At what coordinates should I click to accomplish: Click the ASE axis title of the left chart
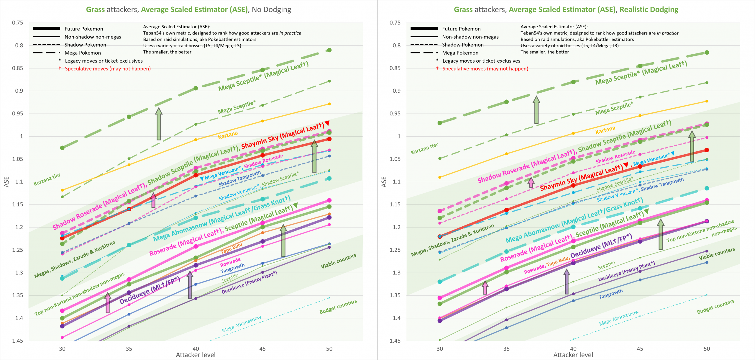pyautogui.click(x=6, y=182)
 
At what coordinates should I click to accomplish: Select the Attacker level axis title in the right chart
pyautogui.click(x=573, y=355)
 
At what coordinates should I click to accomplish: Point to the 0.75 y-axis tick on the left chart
pyautogui.click(x=17, y=23)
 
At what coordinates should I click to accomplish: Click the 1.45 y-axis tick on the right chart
pyautogui.click(x=395, y=341)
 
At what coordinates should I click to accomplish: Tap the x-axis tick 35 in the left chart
pyautogui.click(x=129, y=348)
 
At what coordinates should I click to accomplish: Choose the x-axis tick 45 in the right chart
pyautogui.click(x=640, y=348)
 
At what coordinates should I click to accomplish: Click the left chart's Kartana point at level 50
pyautogui.click(x=329, y=104)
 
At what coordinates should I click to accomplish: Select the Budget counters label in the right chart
pyautogui.click(x=715, y=307)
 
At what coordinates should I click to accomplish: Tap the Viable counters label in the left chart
pyautogui.click(x=338, y=261)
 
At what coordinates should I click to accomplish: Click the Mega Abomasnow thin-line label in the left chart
pyautogui.click(x=241, y=324)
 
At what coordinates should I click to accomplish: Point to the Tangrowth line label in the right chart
pyautogui.click(x=610, y=294)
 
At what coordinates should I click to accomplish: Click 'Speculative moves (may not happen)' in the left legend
pyautogui.click(x=108, y=69)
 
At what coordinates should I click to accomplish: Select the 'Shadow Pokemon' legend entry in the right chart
pyautogui.click(x=463, y=45)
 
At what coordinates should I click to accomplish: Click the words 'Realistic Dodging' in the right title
pyautogui.click(x=649, y=9)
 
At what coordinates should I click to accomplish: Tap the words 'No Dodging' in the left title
pyautogui.click(x=271, y=9)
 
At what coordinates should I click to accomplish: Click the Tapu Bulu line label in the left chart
pyautogui.click(x=232, y=248)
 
